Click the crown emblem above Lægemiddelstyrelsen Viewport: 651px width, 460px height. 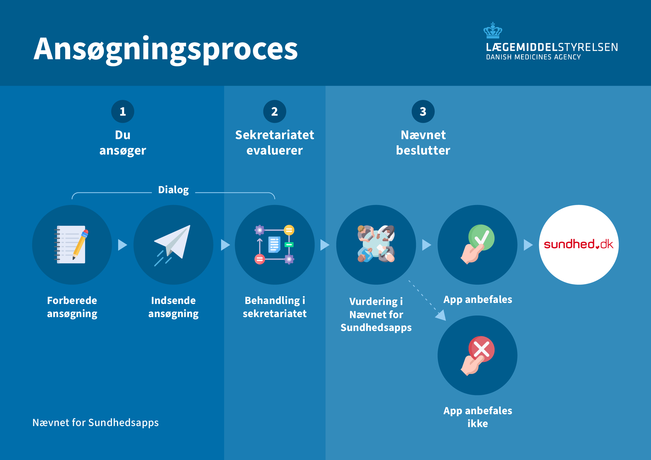point(493,30)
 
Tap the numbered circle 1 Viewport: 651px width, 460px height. point(122,111)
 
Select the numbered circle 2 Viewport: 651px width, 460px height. point(274,111)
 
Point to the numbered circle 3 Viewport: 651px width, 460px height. point(423,111)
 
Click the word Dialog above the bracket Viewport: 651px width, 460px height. point(173,190)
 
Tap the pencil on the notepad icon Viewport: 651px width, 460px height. point(80,244)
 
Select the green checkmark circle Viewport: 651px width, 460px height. point(481,237)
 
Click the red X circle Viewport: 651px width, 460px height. point(481,349)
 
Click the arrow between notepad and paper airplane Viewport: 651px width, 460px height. point(122,245)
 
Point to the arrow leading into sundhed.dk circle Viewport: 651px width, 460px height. point(528,245)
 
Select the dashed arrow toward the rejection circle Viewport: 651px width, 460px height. point(428,302)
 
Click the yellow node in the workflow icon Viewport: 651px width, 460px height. point(289,230)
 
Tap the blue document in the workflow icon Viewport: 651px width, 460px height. point(274,244)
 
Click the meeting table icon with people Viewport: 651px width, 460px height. point(376,244)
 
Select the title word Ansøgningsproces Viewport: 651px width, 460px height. point(166,50)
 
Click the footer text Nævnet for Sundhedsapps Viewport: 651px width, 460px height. point(96,423)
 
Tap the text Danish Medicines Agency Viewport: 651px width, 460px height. point(533,57)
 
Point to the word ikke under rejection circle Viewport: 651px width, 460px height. point(478,423)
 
